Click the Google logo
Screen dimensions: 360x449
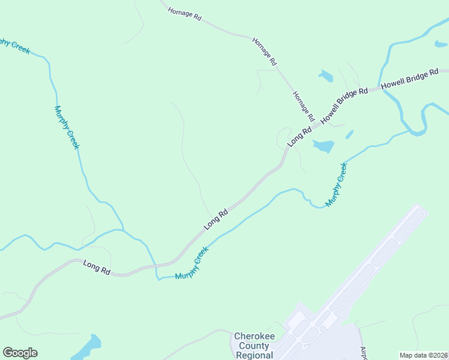pos(20,353)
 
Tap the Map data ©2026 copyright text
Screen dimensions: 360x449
pos(423,355)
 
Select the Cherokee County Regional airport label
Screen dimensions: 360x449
pos(255,346)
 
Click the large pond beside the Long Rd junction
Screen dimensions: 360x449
pos(322,146)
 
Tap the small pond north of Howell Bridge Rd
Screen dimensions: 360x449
pos(326,76)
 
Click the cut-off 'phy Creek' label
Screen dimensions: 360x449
pos(13,46)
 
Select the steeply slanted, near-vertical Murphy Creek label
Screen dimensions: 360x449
pos(67,127)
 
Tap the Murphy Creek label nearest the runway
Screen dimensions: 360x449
pos(336,185)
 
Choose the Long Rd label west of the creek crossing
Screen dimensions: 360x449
pos(96,268)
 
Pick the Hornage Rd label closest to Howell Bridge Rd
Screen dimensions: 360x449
pos(303,106)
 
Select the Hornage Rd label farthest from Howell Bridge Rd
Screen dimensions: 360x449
pos(184,13)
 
